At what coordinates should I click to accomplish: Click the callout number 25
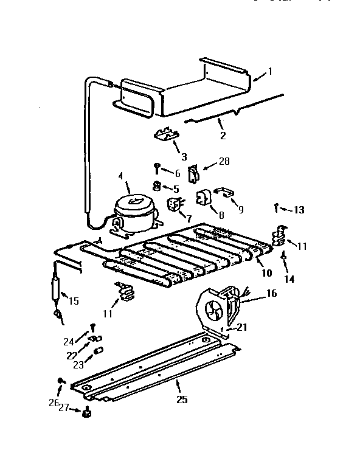(182, 400)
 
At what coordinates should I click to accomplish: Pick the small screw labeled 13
(277, 207)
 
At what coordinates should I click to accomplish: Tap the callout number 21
(242, 327)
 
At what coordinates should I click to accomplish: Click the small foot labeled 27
(86, 413)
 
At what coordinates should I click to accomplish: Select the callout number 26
(54, 403)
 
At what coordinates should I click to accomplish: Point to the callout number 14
(289, 279)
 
